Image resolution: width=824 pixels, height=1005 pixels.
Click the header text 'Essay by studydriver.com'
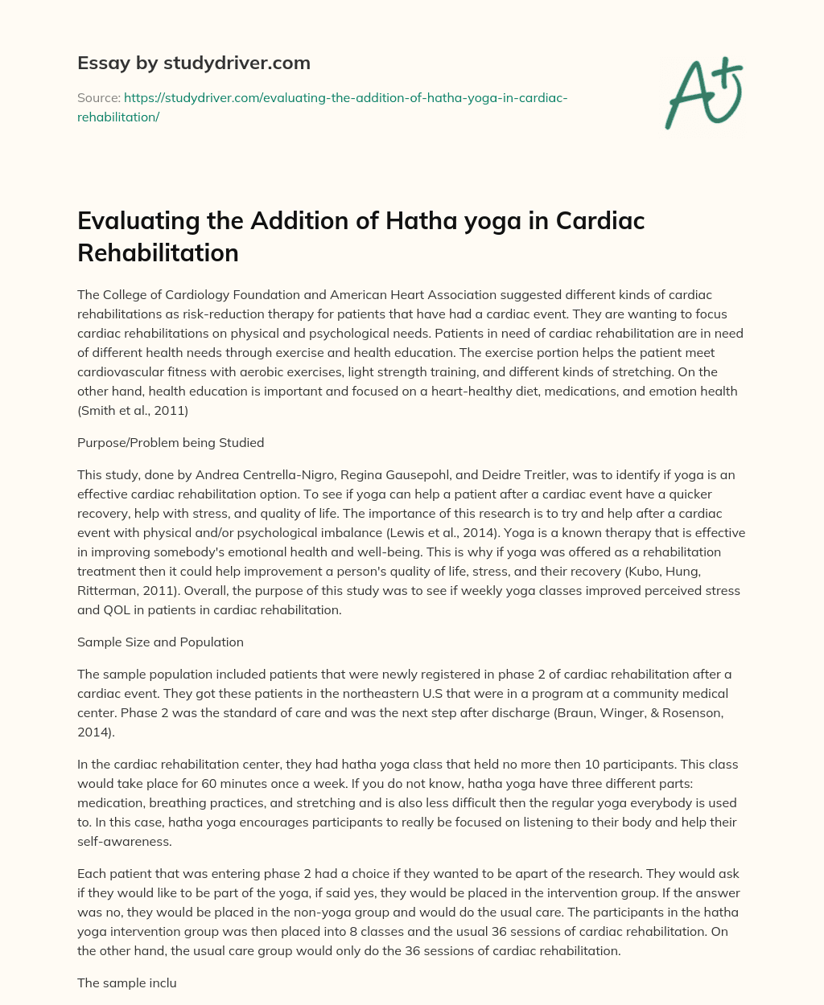(193, 63)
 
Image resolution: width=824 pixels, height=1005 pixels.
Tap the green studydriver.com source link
(322, 107)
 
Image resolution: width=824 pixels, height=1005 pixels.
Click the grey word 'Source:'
(98, 97)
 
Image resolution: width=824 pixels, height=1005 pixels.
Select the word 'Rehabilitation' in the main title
(158, 252)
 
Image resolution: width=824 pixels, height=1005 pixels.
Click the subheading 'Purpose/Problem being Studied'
(171, 442)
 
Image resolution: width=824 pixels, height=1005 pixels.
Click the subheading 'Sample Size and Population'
(160, 642)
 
